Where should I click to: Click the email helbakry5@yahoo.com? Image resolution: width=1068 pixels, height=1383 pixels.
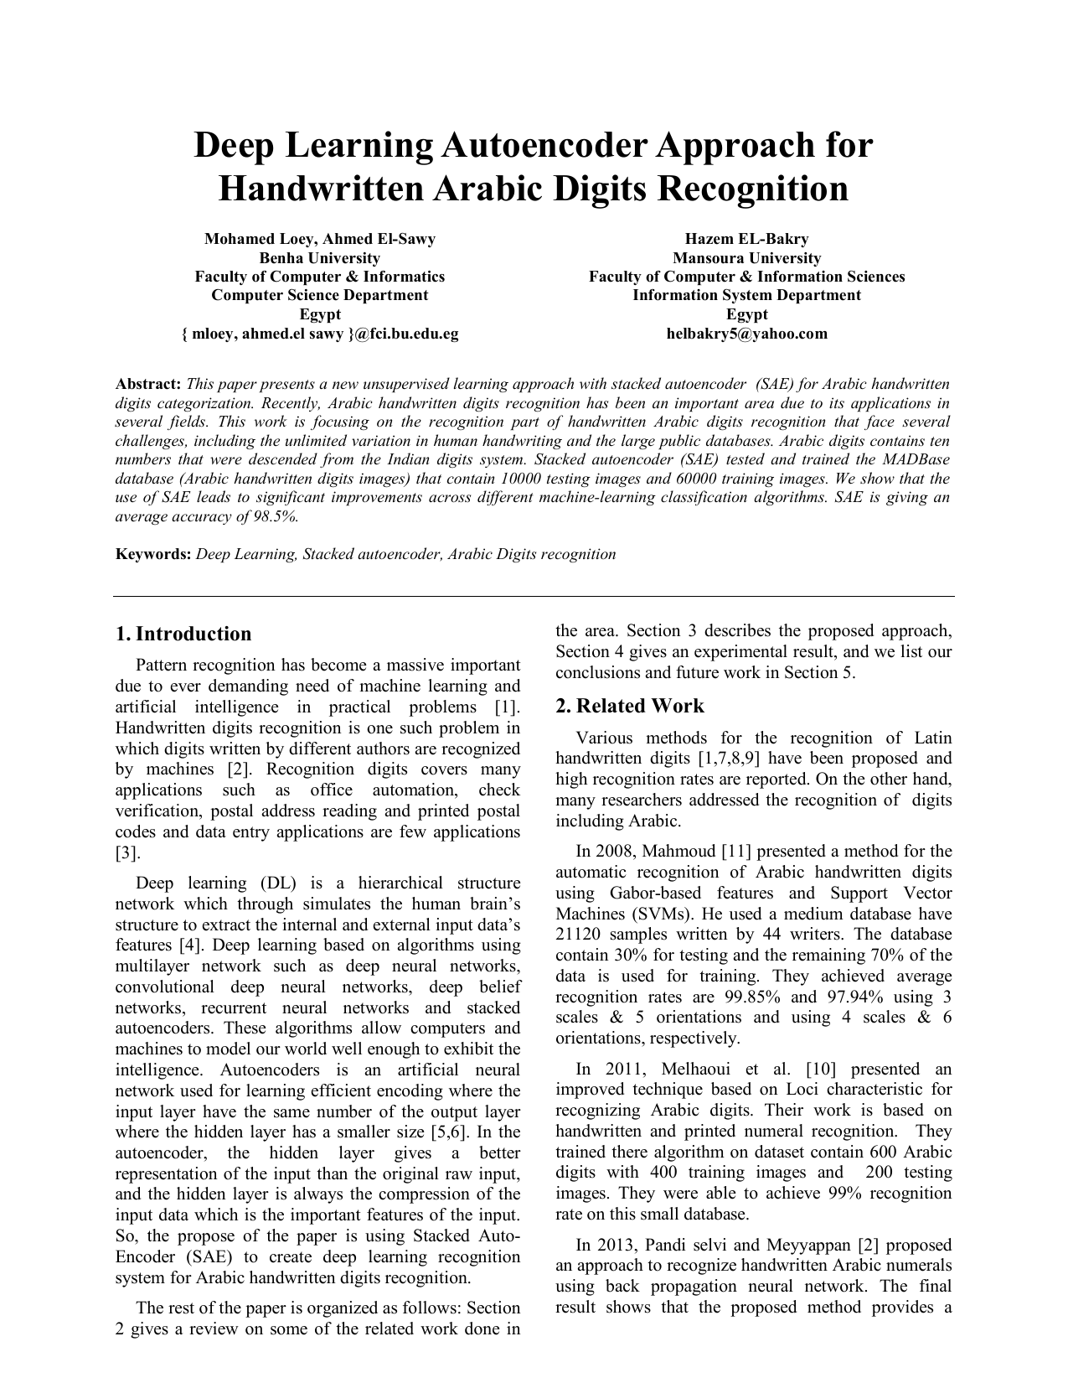746,334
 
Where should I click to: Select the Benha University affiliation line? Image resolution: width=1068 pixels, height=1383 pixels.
319,258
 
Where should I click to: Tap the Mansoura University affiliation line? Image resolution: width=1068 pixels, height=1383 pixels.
746,258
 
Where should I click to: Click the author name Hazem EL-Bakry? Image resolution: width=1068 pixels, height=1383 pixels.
746,239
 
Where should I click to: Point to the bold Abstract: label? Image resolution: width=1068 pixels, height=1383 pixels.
148,384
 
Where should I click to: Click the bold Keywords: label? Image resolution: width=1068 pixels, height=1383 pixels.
153,554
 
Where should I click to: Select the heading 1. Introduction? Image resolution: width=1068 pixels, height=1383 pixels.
183,634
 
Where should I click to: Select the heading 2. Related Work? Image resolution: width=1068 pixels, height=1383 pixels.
629,706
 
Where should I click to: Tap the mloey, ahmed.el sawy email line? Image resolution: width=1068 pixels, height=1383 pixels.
319,334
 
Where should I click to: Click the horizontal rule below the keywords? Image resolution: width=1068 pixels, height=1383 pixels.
534,596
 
